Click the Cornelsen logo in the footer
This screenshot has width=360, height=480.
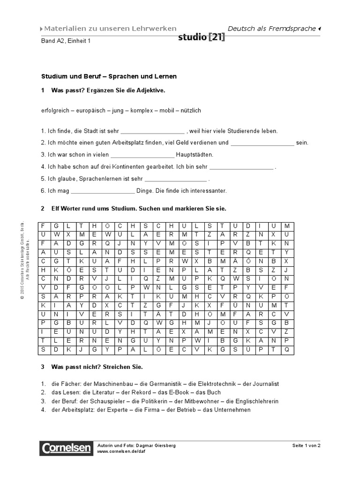66,449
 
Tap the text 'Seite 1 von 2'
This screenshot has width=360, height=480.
306,445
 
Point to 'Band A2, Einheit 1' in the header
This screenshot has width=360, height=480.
65,41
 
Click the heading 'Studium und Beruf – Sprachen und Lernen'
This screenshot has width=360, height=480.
109,76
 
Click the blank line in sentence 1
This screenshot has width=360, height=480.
153,132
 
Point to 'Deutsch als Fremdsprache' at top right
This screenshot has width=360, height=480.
271,29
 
